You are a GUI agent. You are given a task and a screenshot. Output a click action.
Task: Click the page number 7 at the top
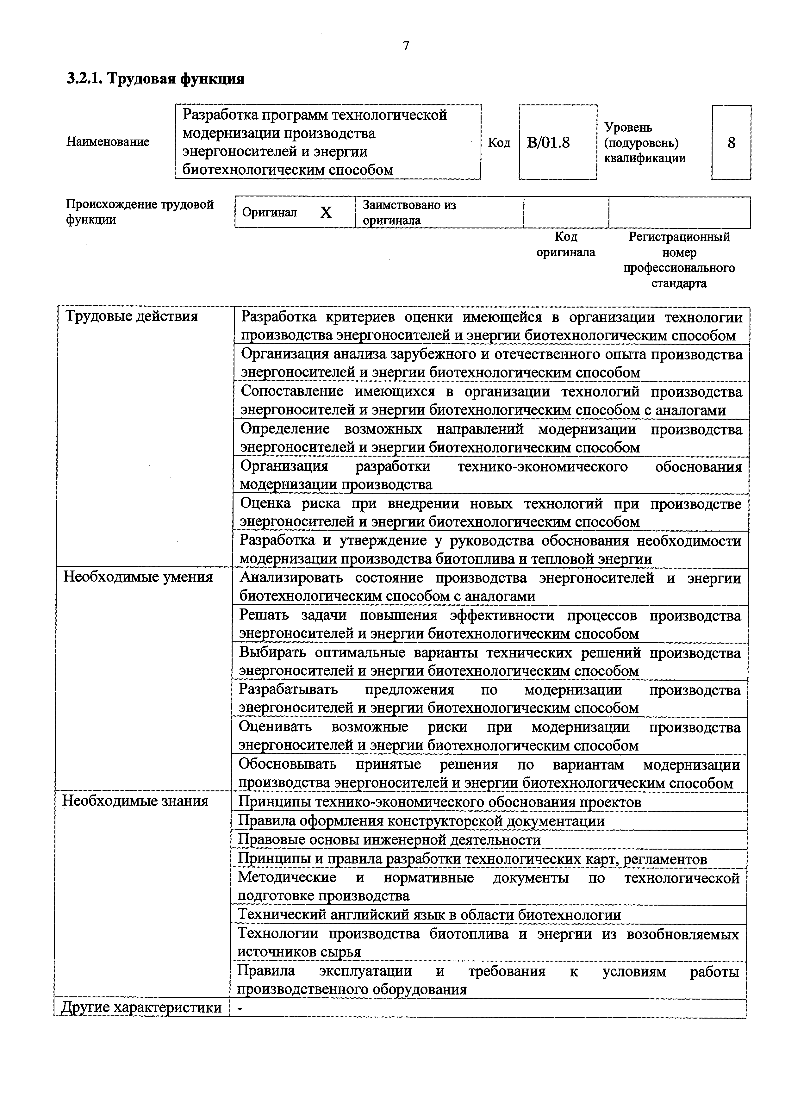[406, 46]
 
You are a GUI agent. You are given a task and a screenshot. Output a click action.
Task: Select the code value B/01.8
[548, 143]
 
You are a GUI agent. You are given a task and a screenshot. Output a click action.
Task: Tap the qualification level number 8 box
[731, 143]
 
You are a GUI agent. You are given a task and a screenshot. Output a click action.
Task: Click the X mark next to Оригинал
[326, 213]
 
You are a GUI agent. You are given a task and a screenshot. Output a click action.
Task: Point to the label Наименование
[108, 142]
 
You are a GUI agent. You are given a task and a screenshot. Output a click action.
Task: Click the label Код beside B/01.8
[499, 143]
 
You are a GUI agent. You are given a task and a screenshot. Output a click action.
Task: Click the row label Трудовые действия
[132, 317]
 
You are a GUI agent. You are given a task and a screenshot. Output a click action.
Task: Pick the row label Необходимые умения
[138, 577]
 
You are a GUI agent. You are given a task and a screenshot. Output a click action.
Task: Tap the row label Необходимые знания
[135, 801]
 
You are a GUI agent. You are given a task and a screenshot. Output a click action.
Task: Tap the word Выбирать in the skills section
[273, 653]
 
